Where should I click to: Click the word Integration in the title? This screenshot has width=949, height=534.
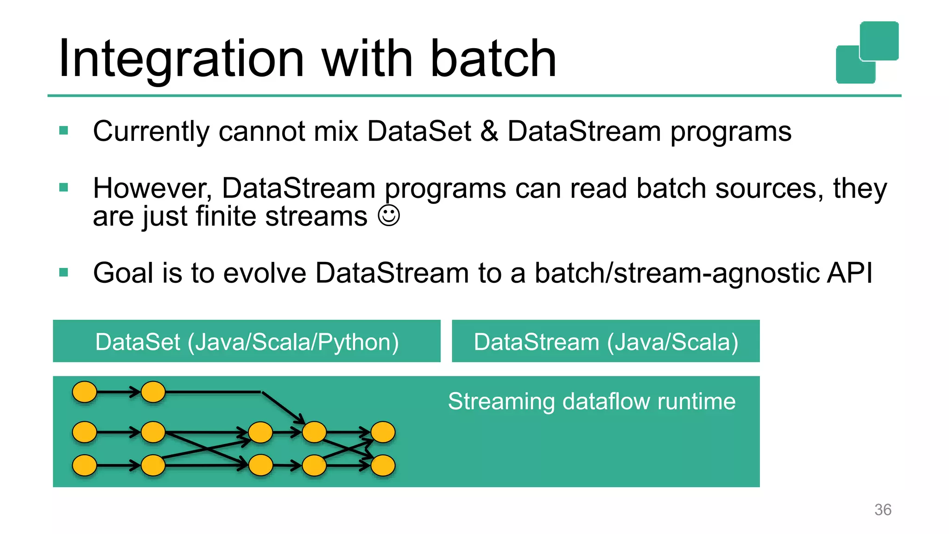pyautogui.click(x=181, y=59)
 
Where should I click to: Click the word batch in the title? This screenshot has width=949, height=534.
pyautogui.click(x=493, y=59)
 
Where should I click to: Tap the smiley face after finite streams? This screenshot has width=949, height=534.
pyautogui.click(x=389, y=216)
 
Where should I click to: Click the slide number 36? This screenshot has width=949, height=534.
pyautogui.click(x=883, y=509)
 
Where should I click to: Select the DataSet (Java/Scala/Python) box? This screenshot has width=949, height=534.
pyautogui.click(x=247, y=342)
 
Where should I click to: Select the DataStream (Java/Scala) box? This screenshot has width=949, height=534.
pyautogui.click(x=606, y=342)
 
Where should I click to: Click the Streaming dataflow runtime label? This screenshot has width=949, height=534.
pyautogui.click(x=592, y=401)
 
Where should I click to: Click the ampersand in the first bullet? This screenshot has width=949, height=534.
pyautogui.click(x=489, y=131)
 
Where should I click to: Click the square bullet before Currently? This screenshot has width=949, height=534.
pyautogui.click(x=64, y=131)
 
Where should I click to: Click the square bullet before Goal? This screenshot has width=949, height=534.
pyautogui.click(x=64, y=272)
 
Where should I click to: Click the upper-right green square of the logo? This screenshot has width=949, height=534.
pyautogui.click(x=879, y=41)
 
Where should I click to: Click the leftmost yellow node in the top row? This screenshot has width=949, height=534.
pyautogui.click(x=85, y=392)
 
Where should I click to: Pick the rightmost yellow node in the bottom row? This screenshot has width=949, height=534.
pyautogui.click(x=383, y=465)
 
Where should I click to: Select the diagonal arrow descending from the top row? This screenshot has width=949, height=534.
pyautogui.click(x=283, y=407)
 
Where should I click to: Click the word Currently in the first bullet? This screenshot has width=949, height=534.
pyautogui.click(x=151, y=131)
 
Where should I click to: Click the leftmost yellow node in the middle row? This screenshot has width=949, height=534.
pyautogui.click(x=85, y=432)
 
